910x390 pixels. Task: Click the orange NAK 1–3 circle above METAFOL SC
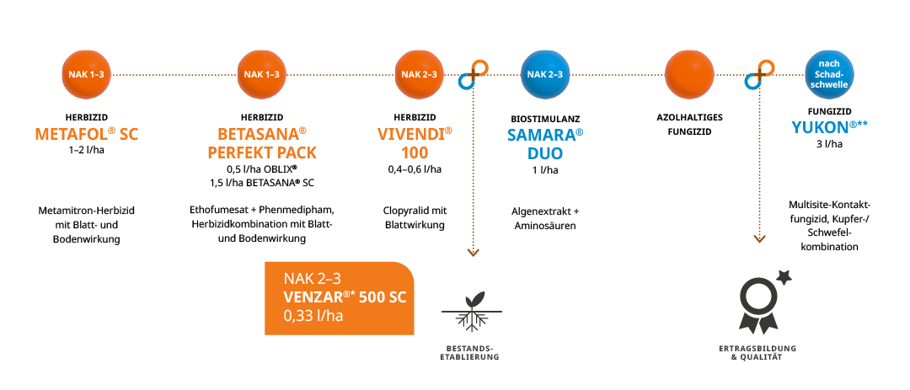(87, 75)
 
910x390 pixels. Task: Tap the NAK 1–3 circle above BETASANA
(261, 75)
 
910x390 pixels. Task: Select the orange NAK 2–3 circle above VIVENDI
(419, 75)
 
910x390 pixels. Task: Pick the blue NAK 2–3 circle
(545, 75)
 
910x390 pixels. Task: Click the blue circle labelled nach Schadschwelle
(827, 75)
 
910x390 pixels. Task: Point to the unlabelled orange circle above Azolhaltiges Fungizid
(689, 75)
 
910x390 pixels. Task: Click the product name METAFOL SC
(86, 135)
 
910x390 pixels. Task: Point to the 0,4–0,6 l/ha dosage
(415, 169)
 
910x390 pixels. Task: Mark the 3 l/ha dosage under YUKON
(829, 144)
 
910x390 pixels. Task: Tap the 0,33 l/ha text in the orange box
(314, 316)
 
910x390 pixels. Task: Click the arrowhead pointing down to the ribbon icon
(759, 239)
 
